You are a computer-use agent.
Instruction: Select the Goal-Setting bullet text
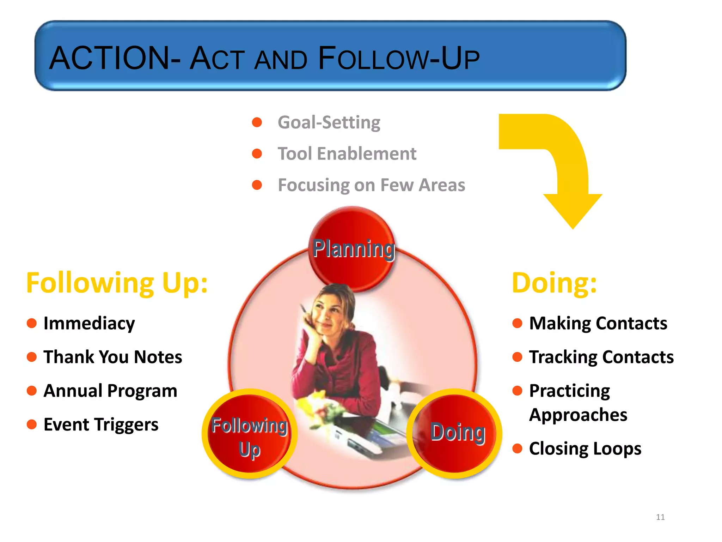329,122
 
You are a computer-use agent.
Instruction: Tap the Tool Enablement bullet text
347,154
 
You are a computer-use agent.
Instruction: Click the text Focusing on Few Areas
371,185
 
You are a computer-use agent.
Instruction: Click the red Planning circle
353,249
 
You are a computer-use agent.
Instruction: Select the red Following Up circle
249,434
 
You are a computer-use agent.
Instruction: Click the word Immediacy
89,323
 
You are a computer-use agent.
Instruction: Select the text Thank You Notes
112,357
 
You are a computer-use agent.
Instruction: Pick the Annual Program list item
110,391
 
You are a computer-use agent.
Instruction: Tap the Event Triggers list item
101,424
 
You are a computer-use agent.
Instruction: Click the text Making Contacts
598,323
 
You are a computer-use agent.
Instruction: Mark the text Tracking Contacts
601,357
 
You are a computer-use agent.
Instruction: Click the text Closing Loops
585,448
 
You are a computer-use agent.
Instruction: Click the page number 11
660,517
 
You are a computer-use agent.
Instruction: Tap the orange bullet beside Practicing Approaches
517,391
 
